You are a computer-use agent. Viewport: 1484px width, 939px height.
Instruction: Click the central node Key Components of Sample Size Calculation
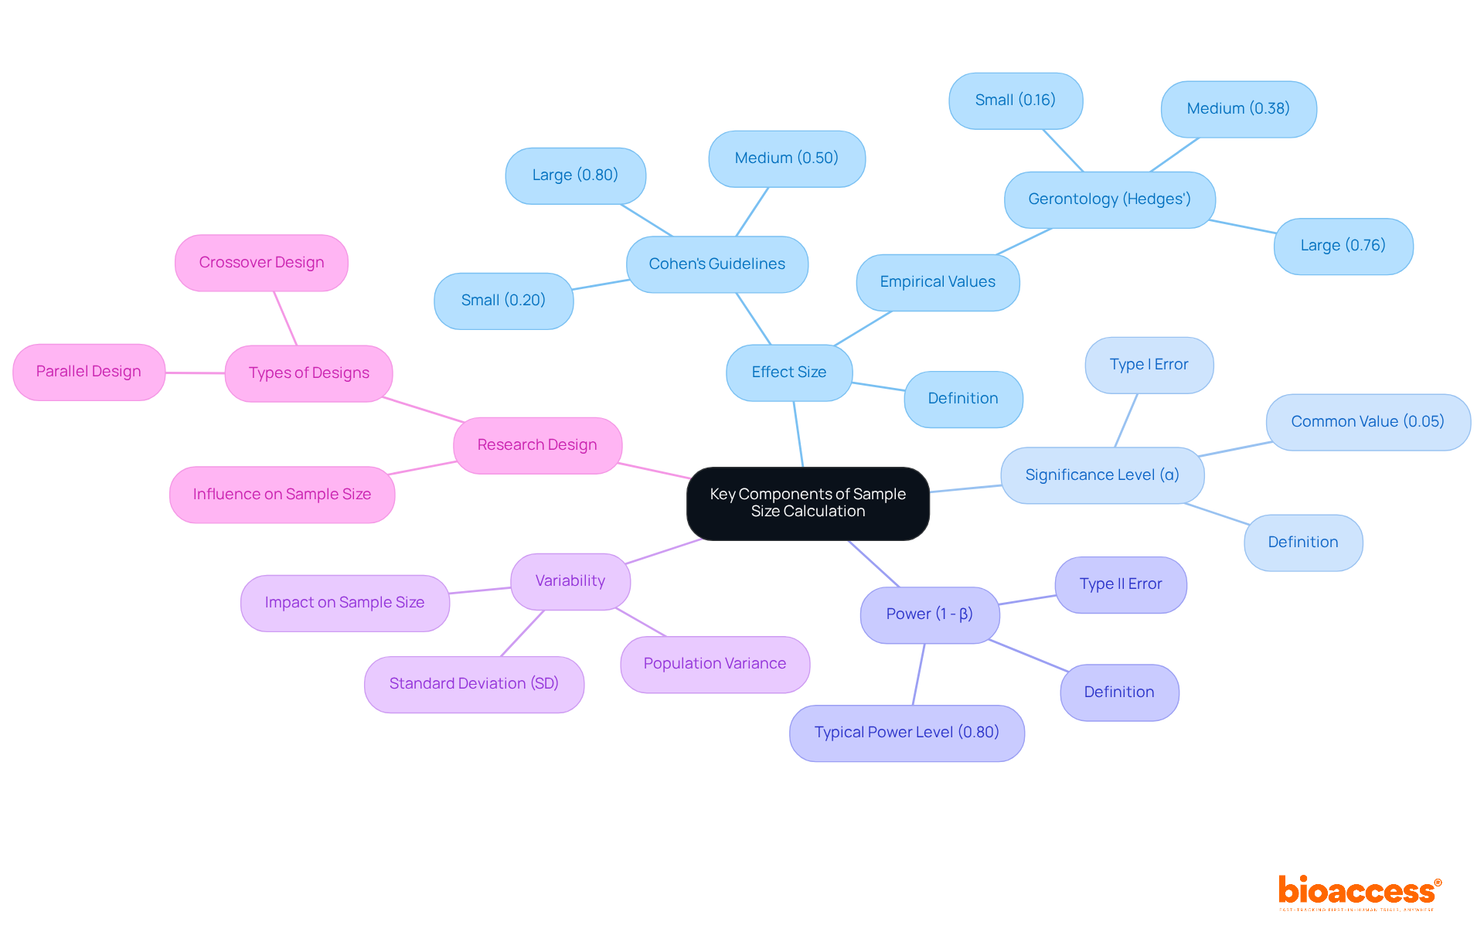click(808, 503)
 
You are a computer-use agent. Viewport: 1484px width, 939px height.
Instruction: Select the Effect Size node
click(789, 373)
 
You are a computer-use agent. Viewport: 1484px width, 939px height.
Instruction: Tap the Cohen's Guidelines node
click(716, 264)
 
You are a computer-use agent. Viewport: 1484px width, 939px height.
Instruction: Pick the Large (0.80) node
click(575, 175)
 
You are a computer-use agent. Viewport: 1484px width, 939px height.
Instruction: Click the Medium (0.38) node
click(1238, 109)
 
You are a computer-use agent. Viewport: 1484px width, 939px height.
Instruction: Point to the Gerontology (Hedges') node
click(1109, 199)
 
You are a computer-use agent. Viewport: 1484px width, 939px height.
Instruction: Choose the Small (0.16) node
click(1015, 100)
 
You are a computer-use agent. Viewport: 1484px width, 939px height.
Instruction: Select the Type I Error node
click(1149, 365)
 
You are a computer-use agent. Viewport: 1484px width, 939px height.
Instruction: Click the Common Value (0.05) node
click(1367, 422)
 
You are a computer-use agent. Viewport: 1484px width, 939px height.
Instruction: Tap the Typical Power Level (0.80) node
click(907, 733)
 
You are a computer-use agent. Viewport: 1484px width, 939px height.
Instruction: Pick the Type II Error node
click(1121, 584)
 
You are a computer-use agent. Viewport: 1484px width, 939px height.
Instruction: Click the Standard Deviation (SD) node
click(474, 684)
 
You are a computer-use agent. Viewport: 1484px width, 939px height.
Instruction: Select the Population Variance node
click(715, 664)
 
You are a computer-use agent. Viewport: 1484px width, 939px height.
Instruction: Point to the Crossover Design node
click(261, 263)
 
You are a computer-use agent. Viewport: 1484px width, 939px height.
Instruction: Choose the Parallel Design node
click(89, 372)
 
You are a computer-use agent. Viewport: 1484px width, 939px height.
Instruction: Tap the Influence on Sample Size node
click(282, 495)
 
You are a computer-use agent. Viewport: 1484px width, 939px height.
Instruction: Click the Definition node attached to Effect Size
click(963, 399)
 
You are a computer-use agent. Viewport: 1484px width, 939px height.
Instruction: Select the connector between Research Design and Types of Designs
click(424, 410)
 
